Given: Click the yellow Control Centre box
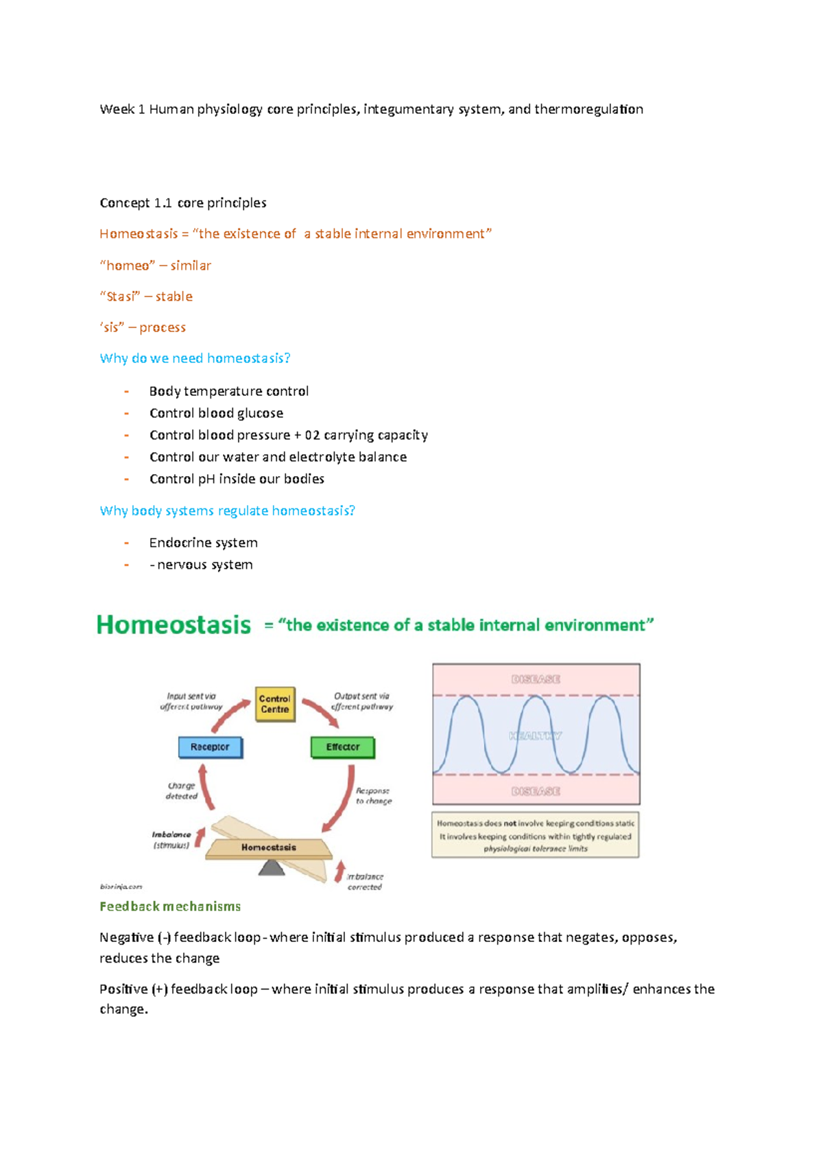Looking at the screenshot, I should click(275, 704).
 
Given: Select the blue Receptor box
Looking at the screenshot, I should click(211, 747).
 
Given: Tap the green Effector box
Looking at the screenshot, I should click(343, 747).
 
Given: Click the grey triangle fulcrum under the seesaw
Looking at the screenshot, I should click(272, 868).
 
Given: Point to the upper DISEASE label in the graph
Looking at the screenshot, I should click(536, 679).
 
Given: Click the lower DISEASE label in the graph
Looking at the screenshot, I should click(536, 791).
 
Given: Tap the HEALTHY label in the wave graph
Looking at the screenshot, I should click(536, 736).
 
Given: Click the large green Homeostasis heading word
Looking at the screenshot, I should click(174, 625).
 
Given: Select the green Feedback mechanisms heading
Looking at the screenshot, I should click(170, 906).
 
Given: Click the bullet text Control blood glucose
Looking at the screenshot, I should click(216, 413).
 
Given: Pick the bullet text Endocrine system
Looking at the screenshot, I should click(204, 543).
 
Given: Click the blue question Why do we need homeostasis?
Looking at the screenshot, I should click(195, 358).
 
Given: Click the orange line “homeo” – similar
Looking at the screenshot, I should click(156, 266).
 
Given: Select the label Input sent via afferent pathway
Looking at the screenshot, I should click(191, 701).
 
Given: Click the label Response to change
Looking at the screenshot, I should click(373, 796).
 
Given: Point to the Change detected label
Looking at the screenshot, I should click(182, 791).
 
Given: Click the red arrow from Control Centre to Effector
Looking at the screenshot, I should click(320, 712).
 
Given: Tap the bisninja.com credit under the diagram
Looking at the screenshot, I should click(121, 886).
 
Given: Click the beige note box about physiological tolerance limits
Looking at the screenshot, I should click(536, 836).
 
